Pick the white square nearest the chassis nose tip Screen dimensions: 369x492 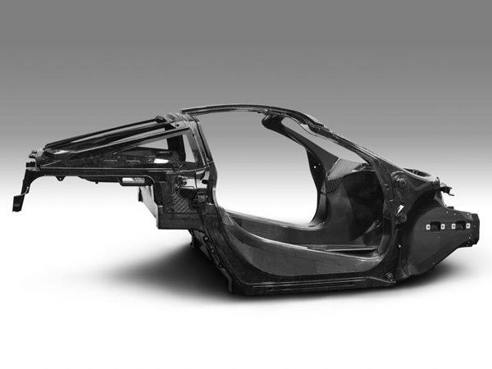pyautogui.click(x=465, y=221)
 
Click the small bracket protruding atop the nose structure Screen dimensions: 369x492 pyautogui.click(x=446, y=190)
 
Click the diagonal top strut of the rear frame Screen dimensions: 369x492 pyautogui.click(x=115, y=135)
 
